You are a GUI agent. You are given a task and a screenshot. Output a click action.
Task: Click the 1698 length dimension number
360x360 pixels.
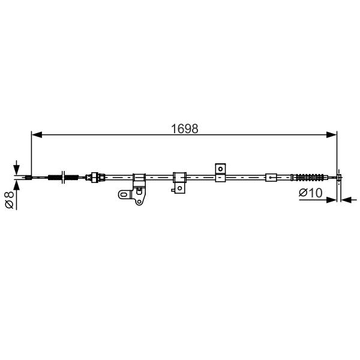pyautogui.click(x=185, y=129)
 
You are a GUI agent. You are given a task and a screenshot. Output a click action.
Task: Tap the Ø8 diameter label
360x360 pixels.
pyautogui.click(x=10, y=200)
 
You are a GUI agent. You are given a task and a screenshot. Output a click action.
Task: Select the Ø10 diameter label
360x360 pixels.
pyautogui.click(x=311, y=193)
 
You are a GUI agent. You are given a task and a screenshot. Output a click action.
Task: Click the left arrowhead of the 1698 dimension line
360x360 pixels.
pyautogui.click(x=37, y=135)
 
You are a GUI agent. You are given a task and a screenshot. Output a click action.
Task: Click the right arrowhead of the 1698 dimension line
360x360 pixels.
pyautogui.click(x=331, y=135)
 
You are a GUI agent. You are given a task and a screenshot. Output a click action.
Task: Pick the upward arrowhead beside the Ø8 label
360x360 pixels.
pyautogui.click(x=17, y=185)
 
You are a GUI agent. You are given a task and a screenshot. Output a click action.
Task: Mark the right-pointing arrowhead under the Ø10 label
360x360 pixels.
pyautogui.click(x=331, y=200)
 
